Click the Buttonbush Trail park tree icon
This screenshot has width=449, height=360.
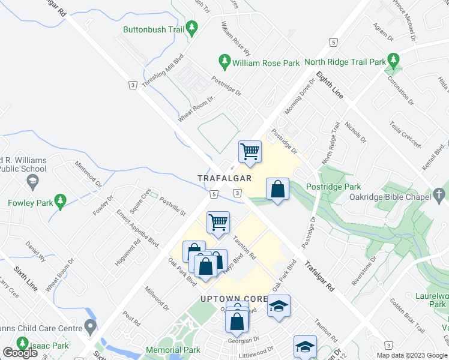(x=192, y=28)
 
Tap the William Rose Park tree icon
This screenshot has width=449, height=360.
(x=224, y=61)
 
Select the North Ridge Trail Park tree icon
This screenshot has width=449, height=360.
(x=394, y=60)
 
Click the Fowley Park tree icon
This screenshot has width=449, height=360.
(x=59, y=201)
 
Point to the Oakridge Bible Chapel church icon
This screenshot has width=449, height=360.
(x=440, y=195)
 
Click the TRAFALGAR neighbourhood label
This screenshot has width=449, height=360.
(x=224, y=179)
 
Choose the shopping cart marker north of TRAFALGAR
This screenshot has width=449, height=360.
(x=249, y=151)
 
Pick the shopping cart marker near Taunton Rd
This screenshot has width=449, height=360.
(x=218, y=222)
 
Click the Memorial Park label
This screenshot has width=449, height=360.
(x=173, y=350)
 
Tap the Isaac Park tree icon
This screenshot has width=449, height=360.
(x=23, y=344)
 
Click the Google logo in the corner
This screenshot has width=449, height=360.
(x=20, y=352)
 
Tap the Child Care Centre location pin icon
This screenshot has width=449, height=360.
(x=90, y=328)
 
